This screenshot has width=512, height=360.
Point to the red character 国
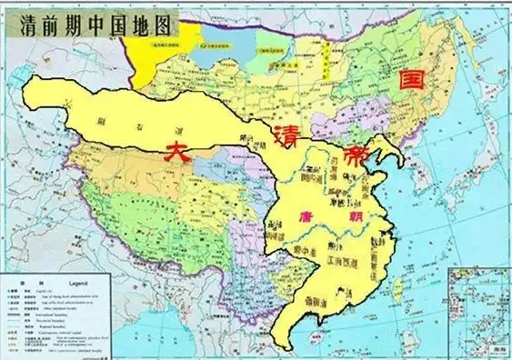click(405, 81)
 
